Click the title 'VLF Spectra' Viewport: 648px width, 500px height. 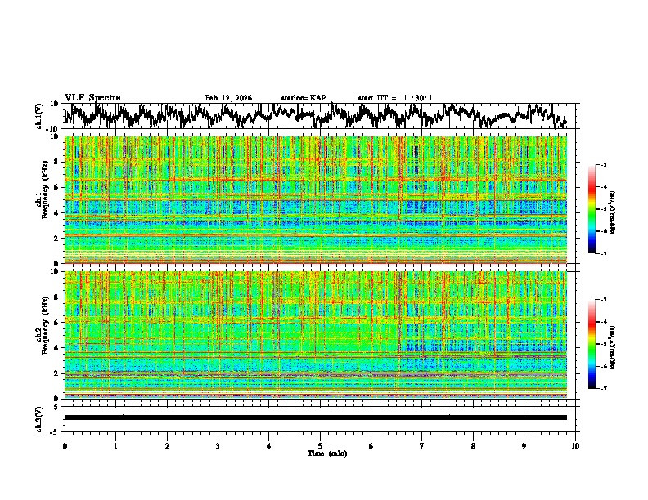(x=92, y=97)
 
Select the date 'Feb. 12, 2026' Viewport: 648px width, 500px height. (x=228, y=98)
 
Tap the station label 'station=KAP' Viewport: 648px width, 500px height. (x=303, y=98)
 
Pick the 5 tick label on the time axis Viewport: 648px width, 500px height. (x=320, y=445)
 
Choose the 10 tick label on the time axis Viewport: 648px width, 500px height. (x=575, y=445)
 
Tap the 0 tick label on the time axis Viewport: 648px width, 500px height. (x=65, y=445)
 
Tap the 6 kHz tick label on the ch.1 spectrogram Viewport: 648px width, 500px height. (x=56, y=187)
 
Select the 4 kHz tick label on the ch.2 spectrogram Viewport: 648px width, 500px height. (x=56, y=347)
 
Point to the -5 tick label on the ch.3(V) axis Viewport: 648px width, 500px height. (x=55, y=430)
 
